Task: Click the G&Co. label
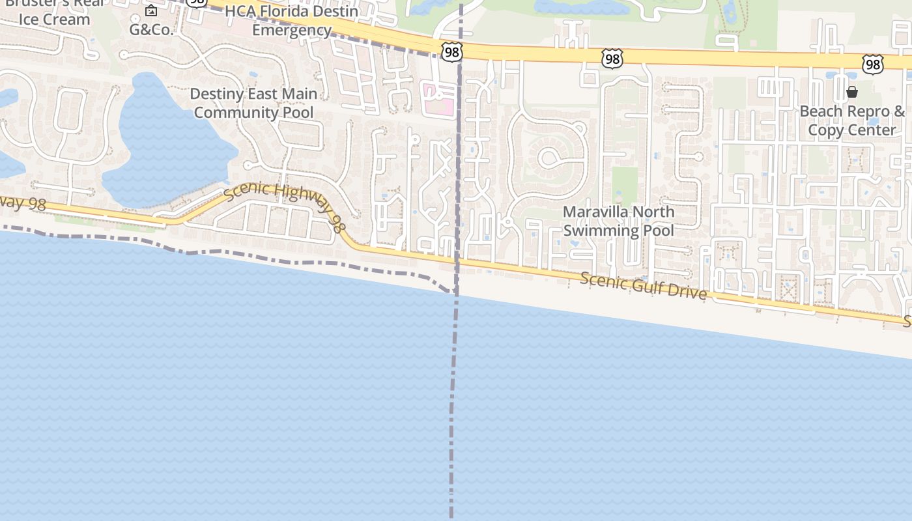pos(151,29)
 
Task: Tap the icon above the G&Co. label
pos(151,10)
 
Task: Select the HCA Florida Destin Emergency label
pos(291,21)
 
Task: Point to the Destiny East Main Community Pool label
pos(253,103)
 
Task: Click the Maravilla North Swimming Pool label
pos(618,221)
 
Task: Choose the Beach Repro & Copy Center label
pos(852,120)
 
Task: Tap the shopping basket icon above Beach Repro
pos(852,92)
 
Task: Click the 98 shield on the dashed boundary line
pos(451,53)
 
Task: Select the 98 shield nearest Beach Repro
pos(872,64)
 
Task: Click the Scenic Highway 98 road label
pos(284,207)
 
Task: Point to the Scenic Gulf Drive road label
pos(643,285)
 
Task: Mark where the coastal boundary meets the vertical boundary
pos(455,293)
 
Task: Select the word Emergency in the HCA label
pos(291,30)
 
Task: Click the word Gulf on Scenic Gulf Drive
pos(651,287)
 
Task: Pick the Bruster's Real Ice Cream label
pos(54,12)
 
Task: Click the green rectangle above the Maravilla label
pos(625,186)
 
